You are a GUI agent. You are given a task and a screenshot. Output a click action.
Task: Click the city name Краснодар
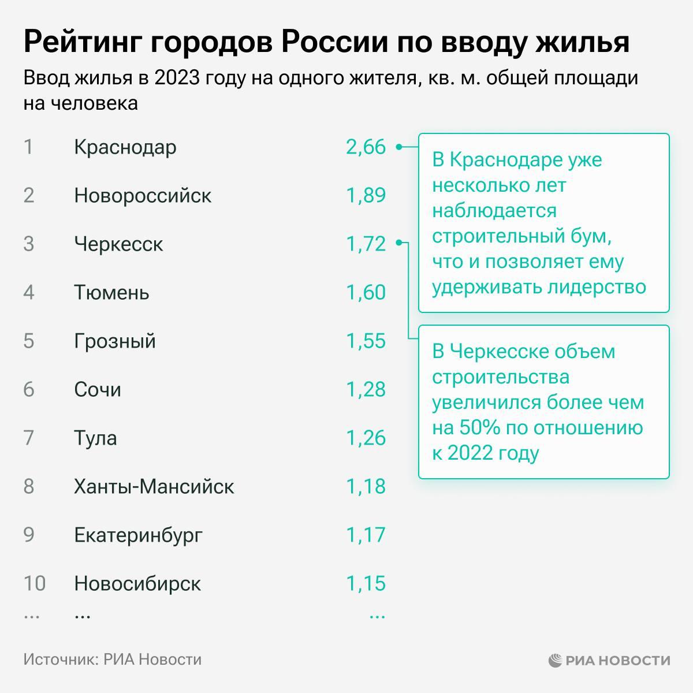pos(125,147)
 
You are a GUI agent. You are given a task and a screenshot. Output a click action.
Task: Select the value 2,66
pos(366,147)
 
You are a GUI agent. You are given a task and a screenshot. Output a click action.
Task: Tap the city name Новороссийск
pos(143,196)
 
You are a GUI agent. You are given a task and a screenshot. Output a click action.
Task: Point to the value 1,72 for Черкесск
pos(366,244)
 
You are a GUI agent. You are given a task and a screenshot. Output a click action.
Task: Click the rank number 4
pos(29,293)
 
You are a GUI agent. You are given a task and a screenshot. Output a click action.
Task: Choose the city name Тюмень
pos(111,293)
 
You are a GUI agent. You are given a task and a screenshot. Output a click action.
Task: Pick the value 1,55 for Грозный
pos(366,341)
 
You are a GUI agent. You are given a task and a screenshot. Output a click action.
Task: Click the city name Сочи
pos(98,390)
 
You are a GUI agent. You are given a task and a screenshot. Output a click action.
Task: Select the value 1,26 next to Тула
pos(366,438)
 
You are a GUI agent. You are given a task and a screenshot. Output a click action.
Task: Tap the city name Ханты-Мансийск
pos(154,487)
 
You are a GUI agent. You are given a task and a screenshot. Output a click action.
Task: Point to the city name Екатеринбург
pos(139,535)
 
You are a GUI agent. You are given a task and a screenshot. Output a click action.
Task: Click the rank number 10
pos(34,584)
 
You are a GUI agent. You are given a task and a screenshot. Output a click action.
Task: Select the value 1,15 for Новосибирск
pos(366,584)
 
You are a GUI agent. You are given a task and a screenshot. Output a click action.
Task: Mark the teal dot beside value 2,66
pos(398,147)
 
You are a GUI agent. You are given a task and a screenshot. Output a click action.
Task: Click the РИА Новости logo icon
pos(555,660)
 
